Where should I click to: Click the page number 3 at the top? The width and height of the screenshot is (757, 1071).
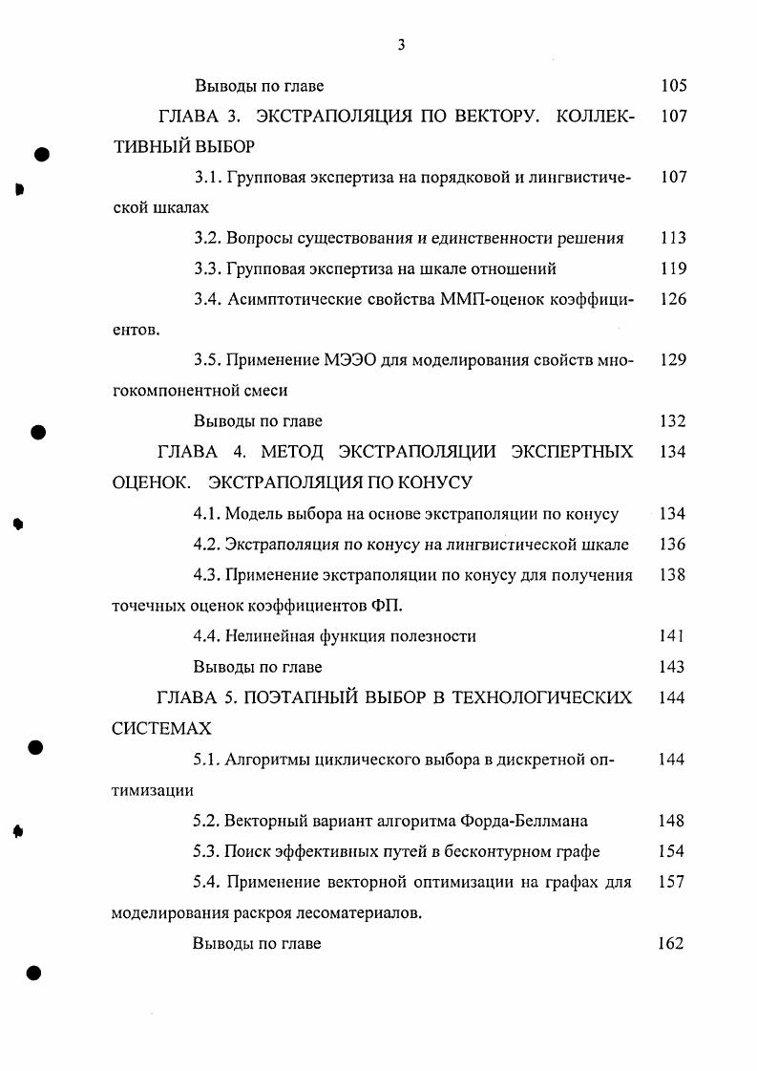(402, 42)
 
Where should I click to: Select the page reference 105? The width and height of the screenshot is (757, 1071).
(673, 85)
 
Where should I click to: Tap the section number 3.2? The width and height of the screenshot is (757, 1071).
(207, 238)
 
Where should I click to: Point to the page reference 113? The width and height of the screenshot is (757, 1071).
(672, 238)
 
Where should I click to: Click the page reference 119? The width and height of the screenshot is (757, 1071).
(672, 268)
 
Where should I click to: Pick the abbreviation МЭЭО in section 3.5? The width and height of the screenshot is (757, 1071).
(351, 360)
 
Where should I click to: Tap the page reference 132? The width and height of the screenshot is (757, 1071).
(672, 421)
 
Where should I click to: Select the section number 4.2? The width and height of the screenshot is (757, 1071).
(207, 544)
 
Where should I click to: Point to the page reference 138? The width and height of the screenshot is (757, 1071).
(672, 574)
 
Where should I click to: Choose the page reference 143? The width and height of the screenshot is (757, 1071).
(672, 666)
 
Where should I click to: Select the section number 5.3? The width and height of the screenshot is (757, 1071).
(207, 850)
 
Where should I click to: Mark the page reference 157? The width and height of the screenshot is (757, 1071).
(672, 881)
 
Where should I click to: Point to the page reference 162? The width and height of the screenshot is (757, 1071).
(672, 943)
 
